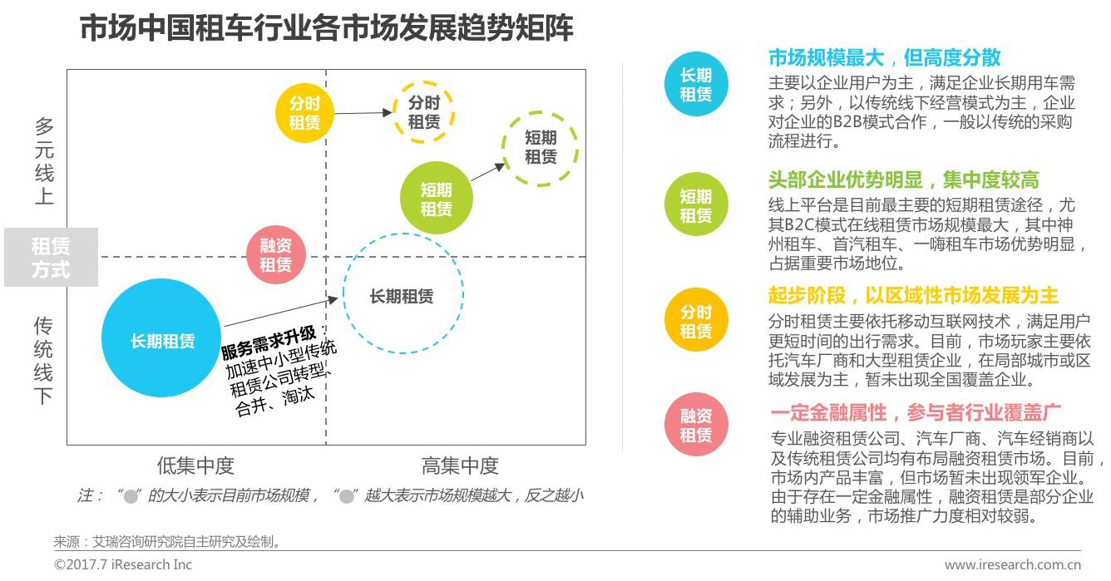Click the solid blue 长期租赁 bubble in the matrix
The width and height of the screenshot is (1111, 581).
tap(162, 338)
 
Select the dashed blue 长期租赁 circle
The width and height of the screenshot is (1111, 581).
tap(402, 295)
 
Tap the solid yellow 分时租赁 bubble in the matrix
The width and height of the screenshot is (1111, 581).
tap(304, 114)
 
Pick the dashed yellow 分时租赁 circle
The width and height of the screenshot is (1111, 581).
tap(423, 112)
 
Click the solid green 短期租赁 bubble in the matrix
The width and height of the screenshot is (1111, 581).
tap(436, 199)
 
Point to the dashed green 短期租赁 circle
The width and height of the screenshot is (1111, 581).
tap(541, 147)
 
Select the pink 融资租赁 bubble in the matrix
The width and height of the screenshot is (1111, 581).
tap(276, 255)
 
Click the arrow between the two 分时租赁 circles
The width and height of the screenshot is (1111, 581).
tap(362, 112)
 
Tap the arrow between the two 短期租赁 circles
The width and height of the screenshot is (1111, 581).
tap(488, 172)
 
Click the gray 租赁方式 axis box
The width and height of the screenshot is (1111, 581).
tap(52, 257)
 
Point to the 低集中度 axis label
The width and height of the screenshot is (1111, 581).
tap(195, 465)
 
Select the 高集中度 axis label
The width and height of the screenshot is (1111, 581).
tap(459, 465)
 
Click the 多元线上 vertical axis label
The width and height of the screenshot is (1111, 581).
tap(44, 161)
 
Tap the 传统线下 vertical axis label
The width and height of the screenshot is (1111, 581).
tap(44, 360)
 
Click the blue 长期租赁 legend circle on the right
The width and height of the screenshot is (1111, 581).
tap(695, 85)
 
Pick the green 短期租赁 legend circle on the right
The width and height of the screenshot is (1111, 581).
tap(695, 205)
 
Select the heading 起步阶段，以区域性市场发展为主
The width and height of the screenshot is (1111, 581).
tap(913, 296)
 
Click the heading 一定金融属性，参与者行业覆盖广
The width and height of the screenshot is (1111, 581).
tap(916, 413)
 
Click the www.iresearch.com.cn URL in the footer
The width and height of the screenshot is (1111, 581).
tap(1015, 565)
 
